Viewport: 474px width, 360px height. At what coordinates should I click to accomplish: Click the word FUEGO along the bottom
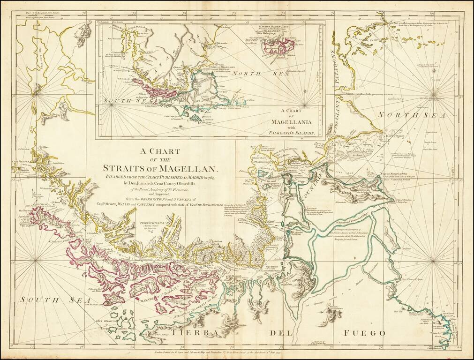tap(363, 333)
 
